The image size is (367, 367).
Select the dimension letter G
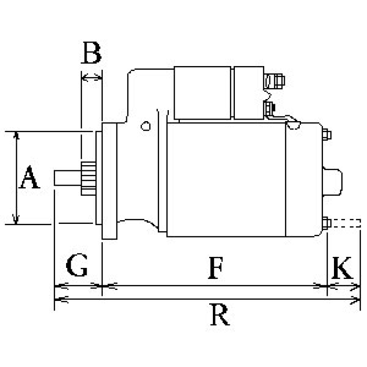tap(77, 266)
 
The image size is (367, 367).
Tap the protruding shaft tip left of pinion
tap(67, 178)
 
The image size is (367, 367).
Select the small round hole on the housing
tap(146, 125)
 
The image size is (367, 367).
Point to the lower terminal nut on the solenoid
tap(269, 108)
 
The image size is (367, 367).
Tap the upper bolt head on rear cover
tap(327, 135)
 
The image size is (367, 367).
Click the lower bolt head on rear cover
tap(327, 223)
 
